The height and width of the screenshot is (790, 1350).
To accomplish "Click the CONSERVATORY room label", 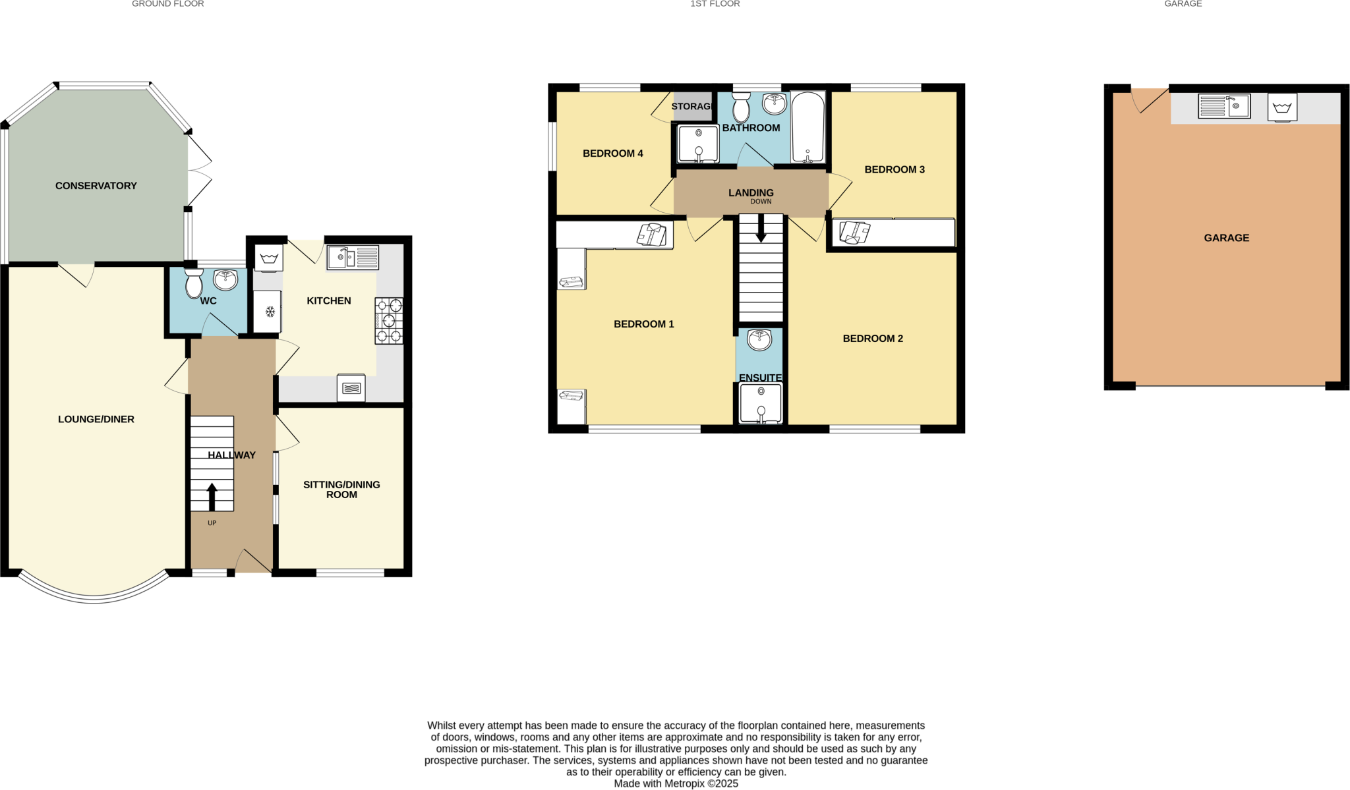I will [96, 186].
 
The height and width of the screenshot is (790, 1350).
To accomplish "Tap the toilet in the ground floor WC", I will [194, 283].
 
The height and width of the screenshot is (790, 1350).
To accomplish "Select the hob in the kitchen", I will [389, 321].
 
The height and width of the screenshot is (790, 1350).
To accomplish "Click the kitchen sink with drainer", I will [353, 257].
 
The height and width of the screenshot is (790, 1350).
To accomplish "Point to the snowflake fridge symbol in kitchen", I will [270, 312].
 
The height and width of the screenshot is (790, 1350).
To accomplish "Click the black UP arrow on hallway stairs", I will [212, 497].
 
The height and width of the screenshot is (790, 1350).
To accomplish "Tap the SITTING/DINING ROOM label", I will [341, 490].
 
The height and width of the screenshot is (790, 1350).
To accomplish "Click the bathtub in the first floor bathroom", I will [807, 127].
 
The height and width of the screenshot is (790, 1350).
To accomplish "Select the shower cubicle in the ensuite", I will [761, 403].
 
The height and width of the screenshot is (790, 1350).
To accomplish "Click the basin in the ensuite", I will [759, 339].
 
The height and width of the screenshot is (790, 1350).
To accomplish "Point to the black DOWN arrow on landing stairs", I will [761, 229].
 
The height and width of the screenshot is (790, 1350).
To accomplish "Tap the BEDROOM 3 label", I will [895, 169].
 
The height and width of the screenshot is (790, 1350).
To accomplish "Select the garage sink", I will [1224, 106].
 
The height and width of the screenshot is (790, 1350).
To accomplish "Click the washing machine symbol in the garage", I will [1282, 107].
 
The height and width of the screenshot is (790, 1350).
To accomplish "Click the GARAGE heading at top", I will [1183, 4].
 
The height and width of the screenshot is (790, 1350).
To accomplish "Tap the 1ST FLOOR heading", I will [715, 4].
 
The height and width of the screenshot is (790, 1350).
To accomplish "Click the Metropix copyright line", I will [676, 783].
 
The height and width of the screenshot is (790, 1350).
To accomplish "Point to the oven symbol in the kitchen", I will [351, 388].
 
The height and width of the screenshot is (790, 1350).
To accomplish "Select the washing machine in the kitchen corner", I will [268, 258].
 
